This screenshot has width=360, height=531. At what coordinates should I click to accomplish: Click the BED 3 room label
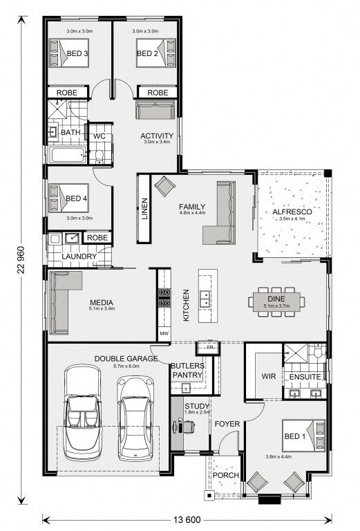[x=77, y=53]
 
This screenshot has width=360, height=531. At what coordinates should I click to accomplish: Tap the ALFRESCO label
[x=292, y=212]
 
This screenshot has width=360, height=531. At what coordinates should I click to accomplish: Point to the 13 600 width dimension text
[x=187, y=519]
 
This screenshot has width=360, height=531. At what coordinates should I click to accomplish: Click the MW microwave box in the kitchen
[x=164, y=333]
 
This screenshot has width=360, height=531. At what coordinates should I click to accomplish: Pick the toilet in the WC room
[x=99, y=156]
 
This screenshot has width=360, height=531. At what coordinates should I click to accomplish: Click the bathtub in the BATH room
[x=68, y=155]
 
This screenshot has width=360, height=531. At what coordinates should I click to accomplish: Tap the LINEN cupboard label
[x=144, y=209]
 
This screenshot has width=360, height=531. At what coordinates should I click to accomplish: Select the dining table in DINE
[x=276, y=301]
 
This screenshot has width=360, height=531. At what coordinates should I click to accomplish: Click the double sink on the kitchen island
[x=205, y=298]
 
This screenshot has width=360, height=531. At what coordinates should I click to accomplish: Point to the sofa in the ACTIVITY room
[x=155, y=109]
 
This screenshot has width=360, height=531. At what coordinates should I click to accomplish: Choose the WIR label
[x=269, y=376]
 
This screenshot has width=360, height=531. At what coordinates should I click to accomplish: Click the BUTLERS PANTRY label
[x=187, y=371]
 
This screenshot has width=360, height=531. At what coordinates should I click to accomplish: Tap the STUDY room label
[x=196, y=406]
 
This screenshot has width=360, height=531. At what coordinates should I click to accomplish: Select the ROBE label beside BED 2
[x=158, y=93]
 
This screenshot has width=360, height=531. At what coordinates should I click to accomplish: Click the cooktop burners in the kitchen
[x=164, y=297]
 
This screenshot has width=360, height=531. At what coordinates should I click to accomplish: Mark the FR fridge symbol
[x=210, y=348]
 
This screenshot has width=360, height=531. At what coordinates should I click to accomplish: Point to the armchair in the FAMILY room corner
[x=164, y=186]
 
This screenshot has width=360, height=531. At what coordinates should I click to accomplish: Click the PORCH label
[x=226, y=476]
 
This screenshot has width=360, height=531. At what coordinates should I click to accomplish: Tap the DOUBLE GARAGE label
[x=126, y=359]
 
